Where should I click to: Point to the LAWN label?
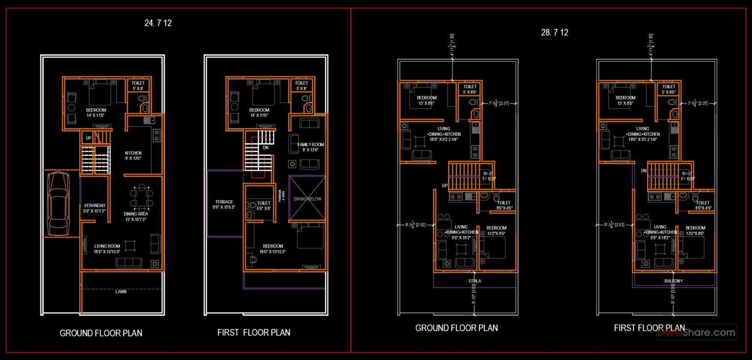tap(121, 291)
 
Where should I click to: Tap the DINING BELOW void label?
tap(306, 199)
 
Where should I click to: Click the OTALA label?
tap(474, 281)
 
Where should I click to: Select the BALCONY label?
tap(673, 281)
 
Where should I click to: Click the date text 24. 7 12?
tap(158, 23)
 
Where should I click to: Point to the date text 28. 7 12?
tap(554, 33)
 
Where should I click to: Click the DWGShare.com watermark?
tap(696, 333)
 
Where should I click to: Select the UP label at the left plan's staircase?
tap(89, 139)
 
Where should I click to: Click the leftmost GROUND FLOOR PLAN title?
tap(101, 333)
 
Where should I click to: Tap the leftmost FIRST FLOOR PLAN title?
tap(254, 333)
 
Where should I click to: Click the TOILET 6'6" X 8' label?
tap(264, 205)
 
